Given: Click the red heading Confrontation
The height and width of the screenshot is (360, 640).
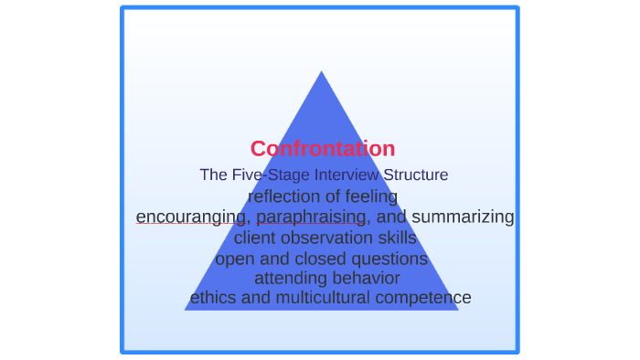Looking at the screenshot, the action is (323, 149).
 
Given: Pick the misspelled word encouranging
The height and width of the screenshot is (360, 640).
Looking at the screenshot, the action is (190, 217).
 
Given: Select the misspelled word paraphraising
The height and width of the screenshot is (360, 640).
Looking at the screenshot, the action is (311, 217).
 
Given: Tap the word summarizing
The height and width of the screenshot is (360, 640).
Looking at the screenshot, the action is (463, 217).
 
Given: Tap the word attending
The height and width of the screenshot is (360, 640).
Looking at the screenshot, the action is (287, 278).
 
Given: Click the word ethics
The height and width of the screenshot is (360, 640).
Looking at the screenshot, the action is (213, 298).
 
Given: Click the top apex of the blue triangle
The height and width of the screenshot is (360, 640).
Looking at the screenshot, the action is (322, 73).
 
